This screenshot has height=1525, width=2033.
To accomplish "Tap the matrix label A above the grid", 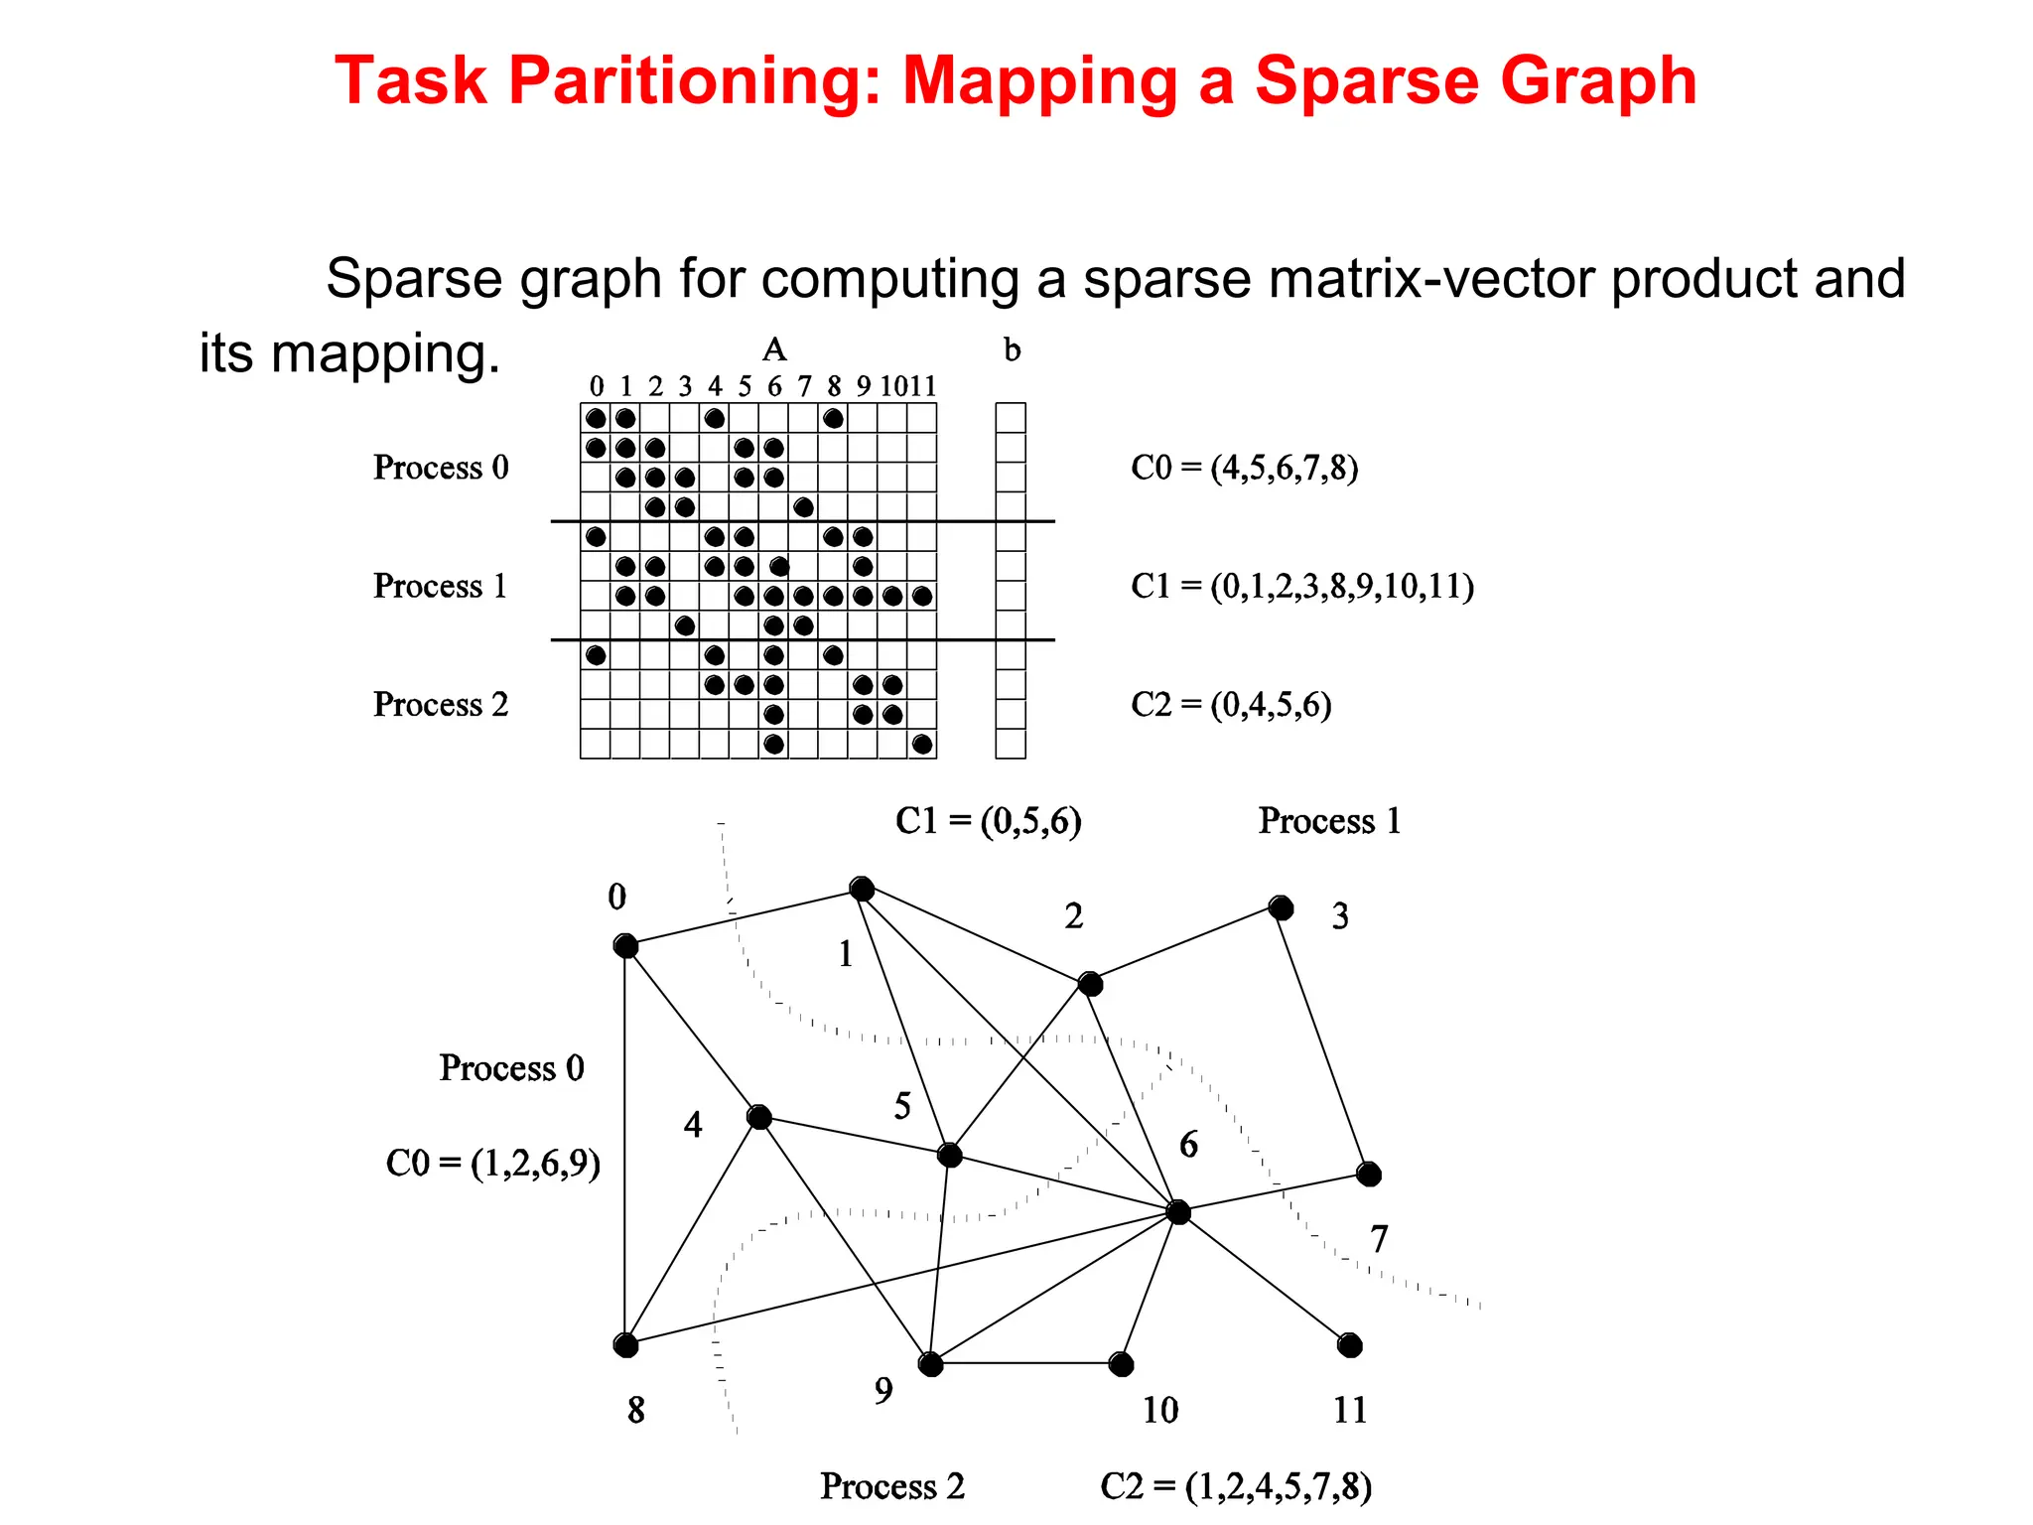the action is [x=774, y=349].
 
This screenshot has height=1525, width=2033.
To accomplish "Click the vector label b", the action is [x=1012, y=349].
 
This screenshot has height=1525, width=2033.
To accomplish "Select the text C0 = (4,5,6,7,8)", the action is [x=1244, y=467].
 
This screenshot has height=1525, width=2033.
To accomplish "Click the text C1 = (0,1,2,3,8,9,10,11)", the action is [x=1301, y=586].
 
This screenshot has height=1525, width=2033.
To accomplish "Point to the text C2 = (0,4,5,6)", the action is [x=1231, y=704].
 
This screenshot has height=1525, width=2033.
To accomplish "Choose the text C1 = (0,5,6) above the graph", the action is [x=988, y=821].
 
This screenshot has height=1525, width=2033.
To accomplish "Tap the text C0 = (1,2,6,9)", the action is [x=493, y=1163].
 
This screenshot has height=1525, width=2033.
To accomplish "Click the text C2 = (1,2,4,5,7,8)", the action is [x=1236, y=1486].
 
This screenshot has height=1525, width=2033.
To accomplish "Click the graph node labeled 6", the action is [x=1178, y=1212].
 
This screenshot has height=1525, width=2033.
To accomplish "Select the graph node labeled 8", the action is [x=625, y=1345].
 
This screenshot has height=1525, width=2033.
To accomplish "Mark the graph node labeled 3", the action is [x=1282, y=908].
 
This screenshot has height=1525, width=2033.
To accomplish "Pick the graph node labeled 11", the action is [x=1350, y=1345].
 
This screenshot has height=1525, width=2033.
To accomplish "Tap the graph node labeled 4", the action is [x=759, y=1117].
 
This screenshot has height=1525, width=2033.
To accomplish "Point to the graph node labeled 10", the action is [x=1122, y=1364].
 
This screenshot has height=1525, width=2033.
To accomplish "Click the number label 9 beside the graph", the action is [x=883, y=1390].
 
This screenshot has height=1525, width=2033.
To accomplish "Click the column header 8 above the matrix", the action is [x=834, y=386].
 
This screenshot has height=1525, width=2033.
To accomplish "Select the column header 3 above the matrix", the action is [x=685, y=386].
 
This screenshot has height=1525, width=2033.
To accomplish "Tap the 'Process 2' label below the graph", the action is [x=892, y=1486].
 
